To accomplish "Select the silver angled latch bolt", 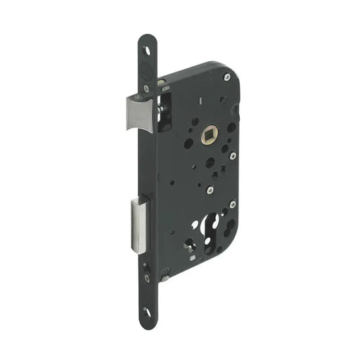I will pos(141,114).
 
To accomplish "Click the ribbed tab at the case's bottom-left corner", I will pos(166,264).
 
